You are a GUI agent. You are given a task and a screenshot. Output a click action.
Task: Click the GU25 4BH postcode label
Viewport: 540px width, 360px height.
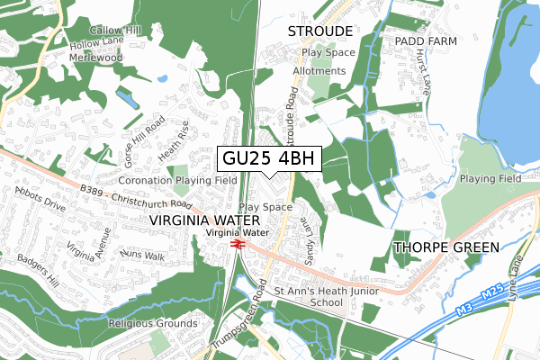268,158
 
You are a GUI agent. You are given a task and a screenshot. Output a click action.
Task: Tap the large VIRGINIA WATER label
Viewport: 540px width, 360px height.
204,220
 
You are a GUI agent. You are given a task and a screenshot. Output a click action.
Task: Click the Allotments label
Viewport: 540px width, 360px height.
318,71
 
